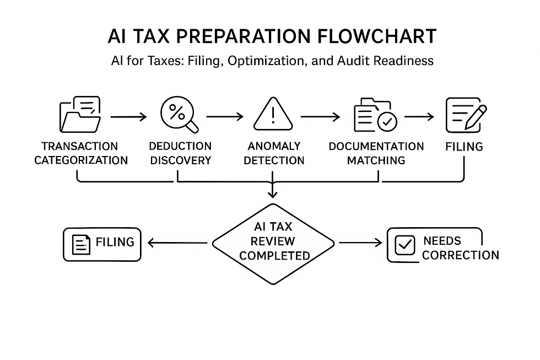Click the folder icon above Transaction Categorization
pos(80,115)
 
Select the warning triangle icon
pos(272,115)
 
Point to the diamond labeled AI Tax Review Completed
pos(273,241)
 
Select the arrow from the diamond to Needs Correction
pos(360,243)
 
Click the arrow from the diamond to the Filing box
pos(179,242)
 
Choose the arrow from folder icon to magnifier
pos(128,117)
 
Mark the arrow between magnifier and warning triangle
pos(224,117)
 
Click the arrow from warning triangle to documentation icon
pos(320,117)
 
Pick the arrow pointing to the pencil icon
pos(419,117)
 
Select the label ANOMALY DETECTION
pos(274,153)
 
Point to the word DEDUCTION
pos(180,146)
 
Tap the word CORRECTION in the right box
pos(461,255)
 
